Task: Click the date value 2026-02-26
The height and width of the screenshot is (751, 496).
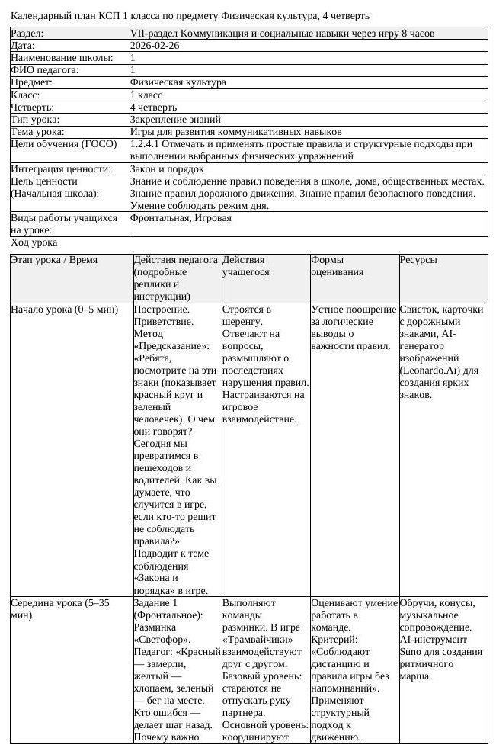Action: click(155, 46)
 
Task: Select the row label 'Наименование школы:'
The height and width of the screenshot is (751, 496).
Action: click(61, 58)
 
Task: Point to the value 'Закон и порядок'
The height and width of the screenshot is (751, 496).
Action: click(167, 168)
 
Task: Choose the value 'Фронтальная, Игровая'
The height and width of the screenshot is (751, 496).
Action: click(181, 218)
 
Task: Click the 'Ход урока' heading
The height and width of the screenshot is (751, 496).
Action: click(34, 242)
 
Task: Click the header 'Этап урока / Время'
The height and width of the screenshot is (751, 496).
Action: click(54, 260)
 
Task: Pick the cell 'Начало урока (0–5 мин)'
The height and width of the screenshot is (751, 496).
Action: click(64, 310)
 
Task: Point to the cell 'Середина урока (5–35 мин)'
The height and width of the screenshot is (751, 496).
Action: click(59, 608)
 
